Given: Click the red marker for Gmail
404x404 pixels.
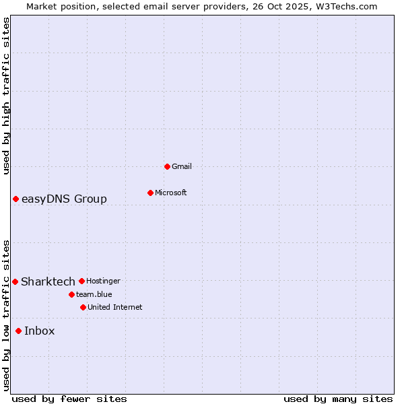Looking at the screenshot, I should pos(167,166).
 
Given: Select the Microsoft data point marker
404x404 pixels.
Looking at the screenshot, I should pos(150,193).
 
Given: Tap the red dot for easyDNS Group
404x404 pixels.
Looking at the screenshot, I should pos(15,199).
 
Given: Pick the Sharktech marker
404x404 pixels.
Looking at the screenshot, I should pos(15,281).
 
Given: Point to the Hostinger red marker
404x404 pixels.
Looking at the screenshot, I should pos(81,281).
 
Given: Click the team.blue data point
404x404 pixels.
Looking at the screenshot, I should pos(71,294).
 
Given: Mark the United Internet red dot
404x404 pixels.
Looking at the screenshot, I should pos(83,307).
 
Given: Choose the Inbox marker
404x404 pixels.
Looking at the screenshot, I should pos(18,331).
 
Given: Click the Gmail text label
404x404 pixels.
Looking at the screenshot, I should pos(182,166).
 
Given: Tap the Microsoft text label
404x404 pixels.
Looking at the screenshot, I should pos(171,193).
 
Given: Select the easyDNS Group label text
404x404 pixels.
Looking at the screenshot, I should pos(64,199).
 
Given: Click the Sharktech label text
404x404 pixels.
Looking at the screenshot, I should pos(48,281).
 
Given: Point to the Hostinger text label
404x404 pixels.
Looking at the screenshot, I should pos(103,281).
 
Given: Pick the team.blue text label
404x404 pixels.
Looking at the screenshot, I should pos(94,294).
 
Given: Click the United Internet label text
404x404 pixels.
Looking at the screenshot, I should pos(114,307).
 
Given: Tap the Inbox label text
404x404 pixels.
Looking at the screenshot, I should pos(40,331).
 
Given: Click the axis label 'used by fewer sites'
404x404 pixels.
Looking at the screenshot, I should pos(69,399).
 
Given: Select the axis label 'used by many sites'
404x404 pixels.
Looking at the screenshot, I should pos(338,399).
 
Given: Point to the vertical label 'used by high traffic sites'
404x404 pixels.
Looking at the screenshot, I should pos(6,96).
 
